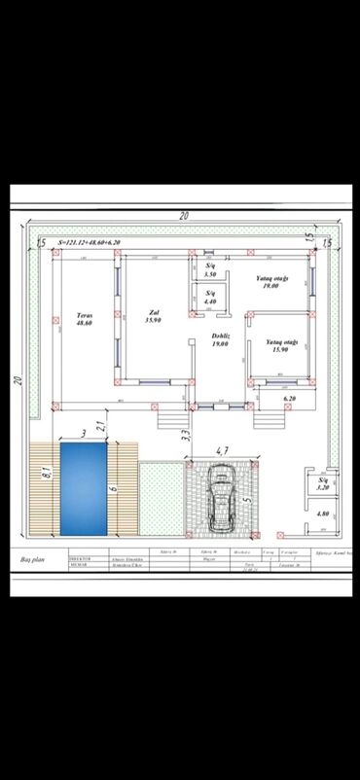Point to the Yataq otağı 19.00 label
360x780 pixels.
coord(268,283)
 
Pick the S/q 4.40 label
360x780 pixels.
coord(210,299)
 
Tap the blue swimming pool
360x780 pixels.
coord(85,488)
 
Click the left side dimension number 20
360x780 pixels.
coord(18,380)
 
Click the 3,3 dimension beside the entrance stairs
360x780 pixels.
coord(186,435)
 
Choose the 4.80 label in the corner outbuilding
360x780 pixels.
coord(323,513)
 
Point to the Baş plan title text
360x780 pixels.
coord(34,561)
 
